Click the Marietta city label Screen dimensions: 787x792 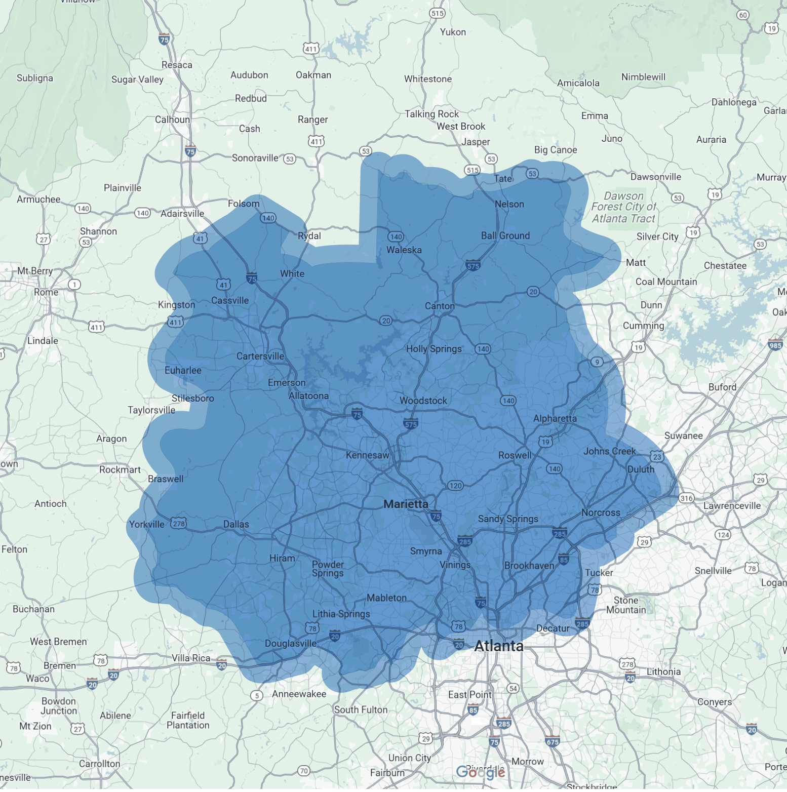pos(406,504)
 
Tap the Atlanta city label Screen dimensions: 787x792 pos(499,646)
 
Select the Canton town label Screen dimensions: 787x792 pos(440,306)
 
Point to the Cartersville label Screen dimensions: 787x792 pos(260,356)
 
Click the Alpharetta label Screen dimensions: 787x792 pos(555,418)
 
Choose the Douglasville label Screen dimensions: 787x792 pos(290,643)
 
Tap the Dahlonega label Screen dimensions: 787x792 pos(734,102)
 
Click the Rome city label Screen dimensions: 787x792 pos(46,292)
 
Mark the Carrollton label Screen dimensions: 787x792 pos(100,764)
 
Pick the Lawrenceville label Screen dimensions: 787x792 pos(732,505)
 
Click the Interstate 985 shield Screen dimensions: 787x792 pos(775,345)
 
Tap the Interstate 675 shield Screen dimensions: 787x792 pos(553,741)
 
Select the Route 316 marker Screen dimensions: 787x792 pos(686,498)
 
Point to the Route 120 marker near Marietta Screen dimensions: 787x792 pos(455,486)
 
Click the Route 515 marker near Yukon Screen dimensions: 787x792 pos(437,13)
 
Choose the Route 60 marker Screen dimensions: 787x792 pos(743,15)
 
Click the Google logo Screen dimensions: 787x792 pos(480,772)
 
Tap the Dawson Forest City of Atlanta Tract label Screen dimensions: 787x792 pos(623,207)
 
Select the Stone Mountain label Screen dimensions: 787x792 pos(626,605)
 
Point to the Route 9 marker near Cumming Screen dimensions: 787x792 pos(598,362)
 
